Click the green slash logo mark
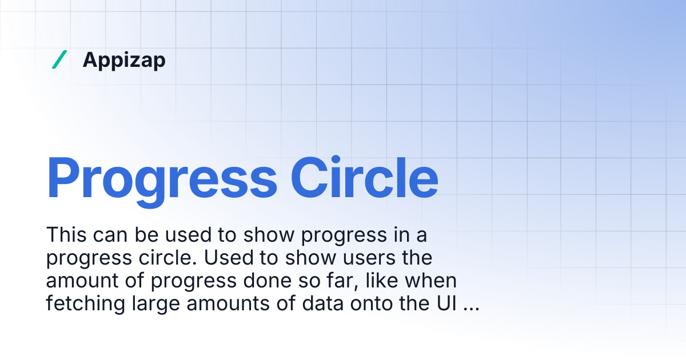coord(59,59)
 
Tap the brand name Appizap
coord(124,60)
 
